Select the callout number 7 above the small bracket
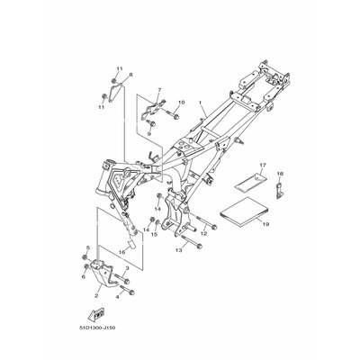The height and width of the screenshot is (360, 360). point(157,90)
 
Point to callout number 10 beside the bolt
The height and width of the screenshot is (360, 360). point(181,103)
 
